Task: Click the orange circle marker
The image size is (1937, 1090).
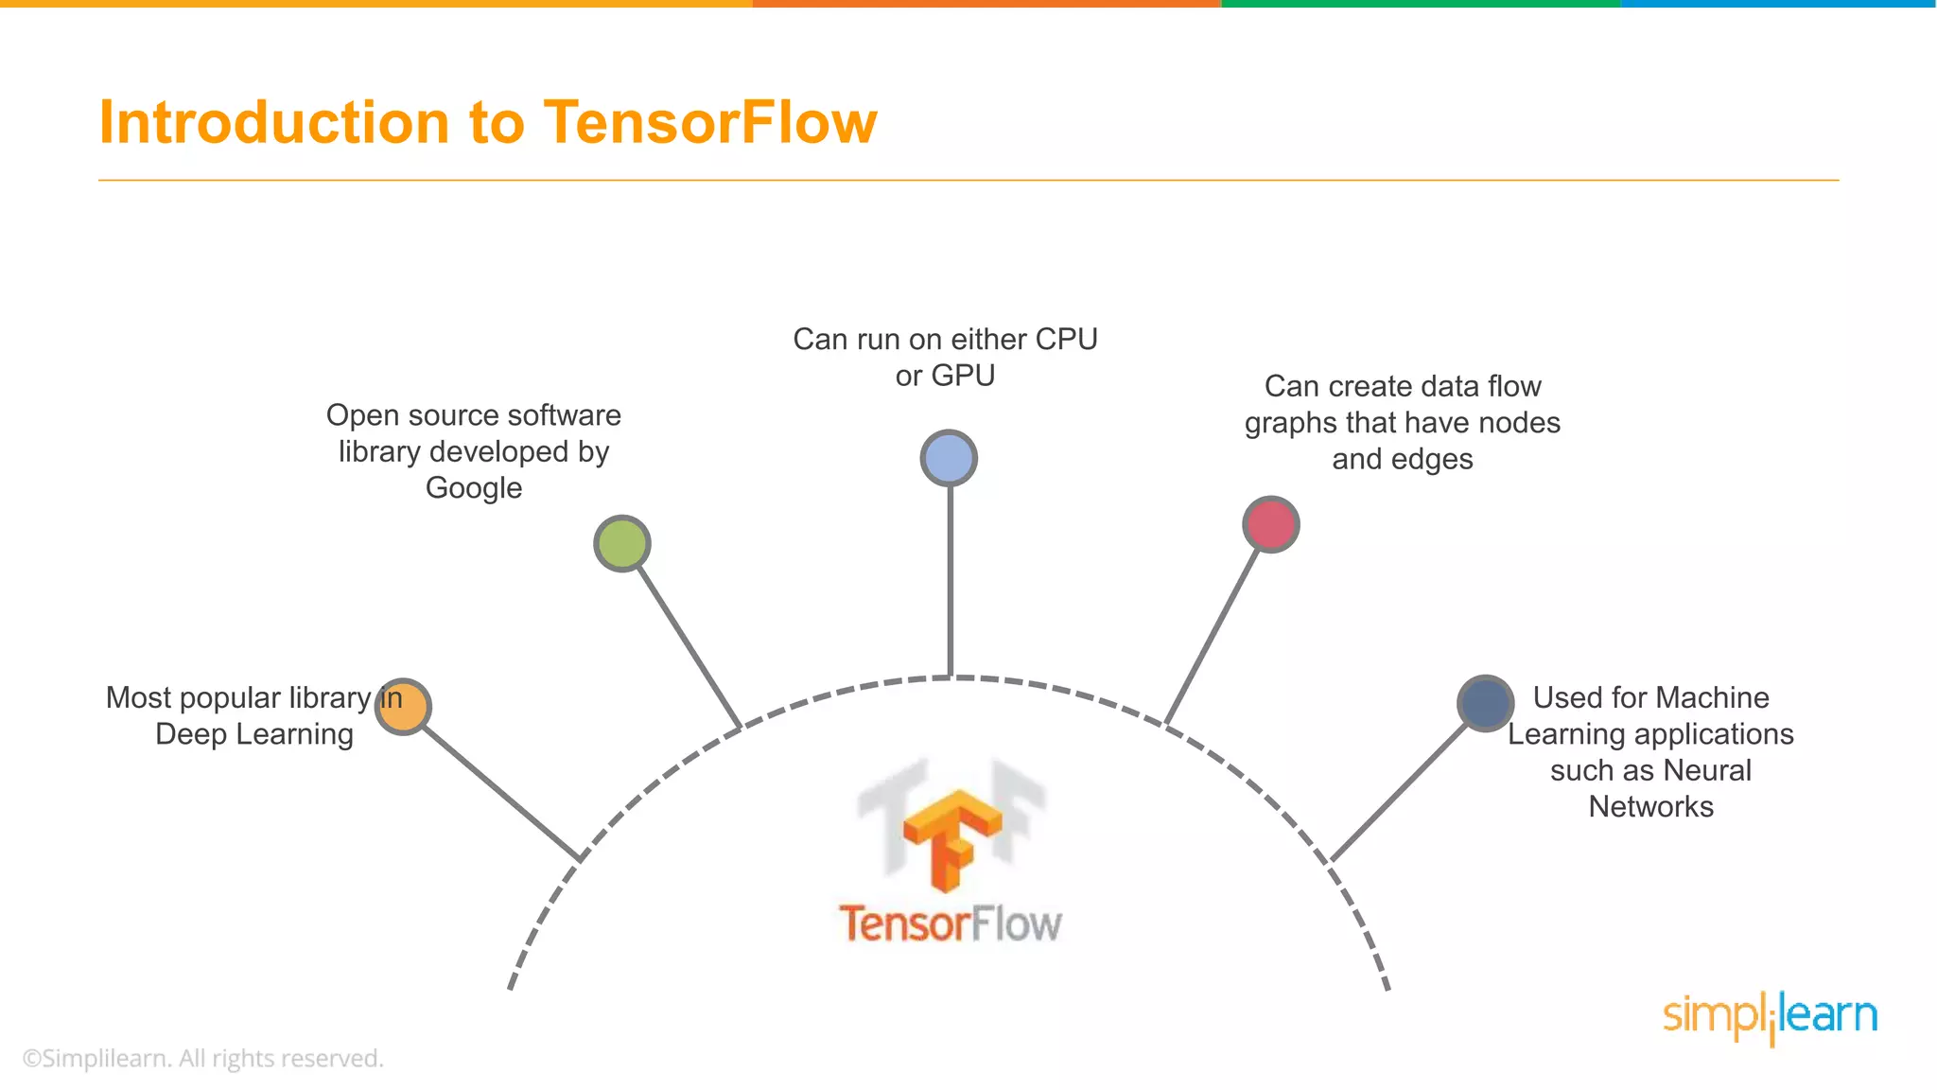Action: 403,707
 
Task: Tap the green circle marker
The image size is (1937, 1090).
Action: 621,543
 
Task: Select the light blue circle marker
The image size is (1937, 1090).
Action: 949,458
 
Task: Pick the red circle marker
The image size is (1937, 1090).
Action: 1270,524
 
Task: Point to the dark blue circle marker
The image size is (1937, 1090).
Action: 1485,703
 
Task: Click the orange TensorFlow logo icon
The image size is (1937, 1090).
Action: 951,838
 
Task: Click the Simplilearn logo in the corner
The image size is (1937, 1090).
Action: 1770,1017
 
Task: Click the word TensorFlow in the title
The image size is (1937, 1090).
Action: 710,122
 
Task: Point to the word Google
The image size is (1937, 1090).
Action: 474,488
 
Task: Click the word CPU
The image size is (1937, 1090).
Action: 1066,339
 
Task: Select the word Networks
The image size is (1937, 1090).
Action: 1650,807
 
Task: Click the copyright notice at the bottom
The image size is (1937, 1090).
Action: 202,1058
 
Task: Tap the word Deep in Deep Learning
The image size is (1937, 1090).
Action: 191,734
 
